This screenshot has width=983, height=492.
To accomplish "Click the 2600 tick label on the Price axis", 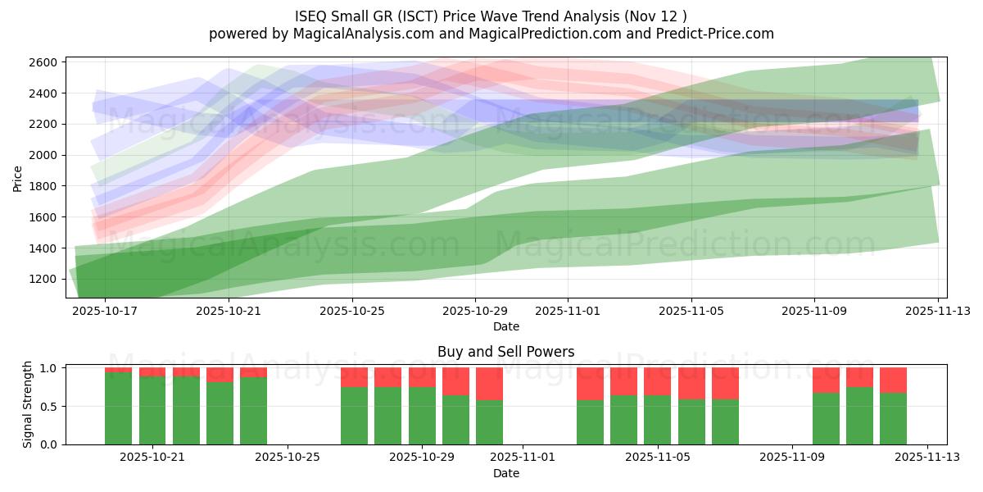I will tap(43, 62).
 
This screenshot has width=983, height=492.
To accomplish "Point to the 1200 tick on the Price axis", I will tap(43, 279).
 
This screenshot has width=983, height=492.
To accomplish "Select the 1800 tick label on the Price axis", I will tap(43, 186).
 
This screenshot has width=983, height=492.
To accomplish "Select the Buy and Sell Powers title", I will tap(505, 352).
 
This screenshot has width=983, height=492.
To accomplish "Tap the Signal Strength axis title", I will tap(28, 404).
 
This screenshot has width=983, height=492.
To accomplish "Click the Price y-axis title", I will tap(18, 177).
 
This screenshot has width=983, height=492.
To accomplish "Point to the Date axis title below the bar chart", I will tap(505, 473).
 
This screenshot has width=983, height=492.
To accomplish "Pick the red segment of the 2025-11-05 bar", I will tap(657, 381).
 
